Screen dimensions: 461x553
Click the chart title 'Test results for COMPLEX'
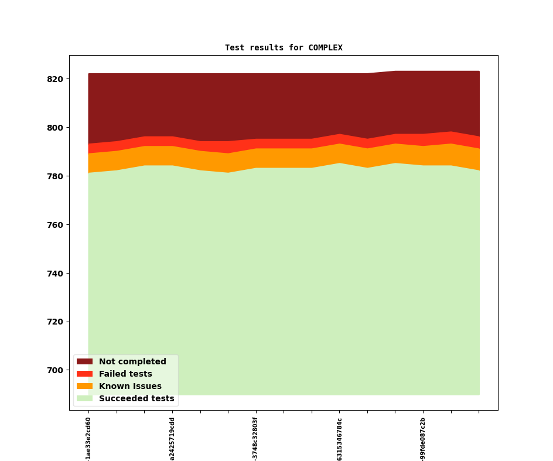(284, 47)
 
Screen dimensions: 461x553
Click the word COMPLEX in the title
(325, 47)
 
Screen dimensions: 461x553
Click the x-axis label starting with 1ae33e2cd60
(88, 438)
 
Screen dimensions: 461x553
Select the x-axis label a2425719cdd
(172, 438)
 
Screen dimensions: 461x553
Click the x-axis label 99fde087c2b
(423, 438)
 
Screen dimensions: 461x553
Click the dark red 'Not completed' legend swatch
(84, 362)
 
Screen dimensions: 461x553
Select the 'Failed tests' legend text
(125, 374)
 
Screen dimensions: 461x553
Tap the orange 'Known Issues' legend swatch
(84, 387)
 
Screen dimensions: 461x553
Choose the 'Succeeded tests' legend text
(136, 399)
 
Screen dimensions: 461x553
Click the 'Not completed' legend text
(132, 362)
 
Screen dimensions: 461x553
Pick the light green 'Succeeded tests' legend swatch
(84, 399)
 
